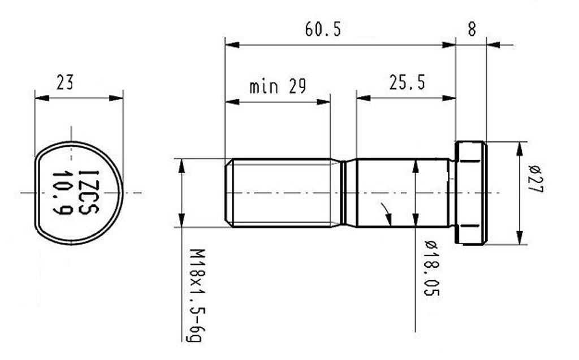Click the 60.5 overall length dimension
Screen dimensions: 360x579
(x=323, y=29)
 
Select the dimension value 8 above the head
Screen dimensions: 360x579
(x=472, y=30)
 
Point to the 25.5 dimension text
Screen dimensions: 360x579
(x=407, y=83)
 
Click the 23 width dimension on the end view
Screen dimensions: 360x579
(x=65, y=83)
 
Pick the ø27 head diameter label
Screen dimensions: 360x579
(x=535, y=180)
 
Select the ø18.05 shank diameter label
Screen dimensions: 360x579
(x=431, y=268)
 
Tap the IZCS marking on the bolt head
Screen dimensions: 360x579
(x=88, y=192)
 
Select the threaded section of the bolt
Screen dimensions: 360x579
(x=283, y=193)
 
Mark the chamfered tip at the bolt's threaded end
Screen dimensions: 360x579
(x=228, y=193)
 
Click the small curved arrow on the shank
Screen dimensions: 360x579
(x=386, y=213)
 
